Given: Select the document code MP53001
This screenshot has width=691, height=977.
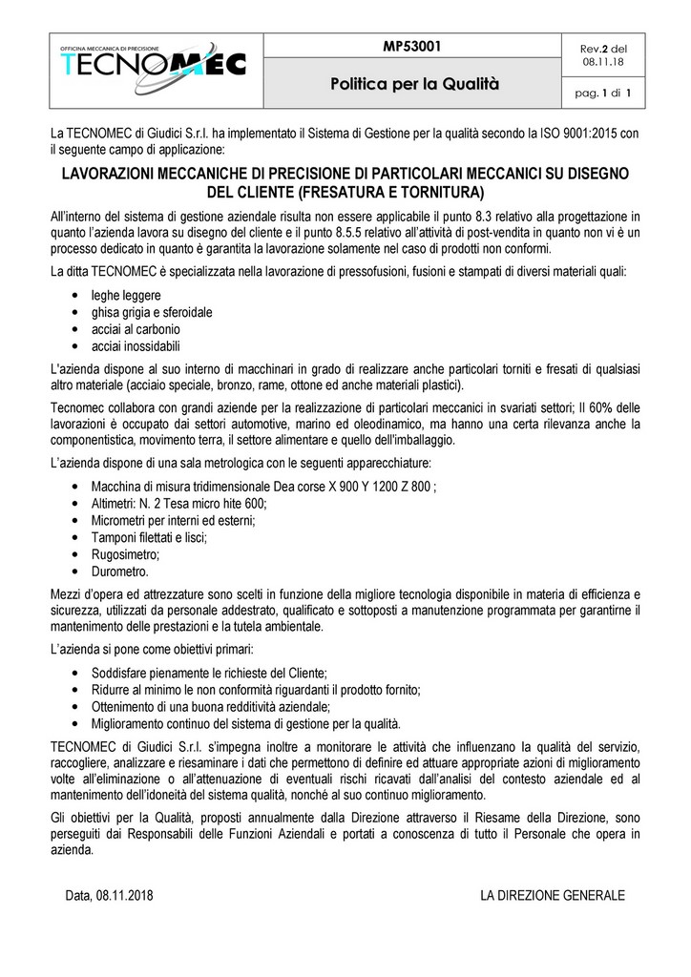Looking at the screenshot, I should click(413, 46).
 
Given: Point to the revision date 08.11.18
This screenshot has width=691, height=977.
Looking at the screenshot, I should click(606, 63).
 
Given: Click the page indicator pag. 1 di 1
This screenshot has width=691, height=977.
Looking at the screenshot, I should click(606, 93).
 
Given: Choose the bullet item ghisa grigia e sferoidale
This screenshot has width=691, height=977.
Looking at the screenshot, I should click(152, 312).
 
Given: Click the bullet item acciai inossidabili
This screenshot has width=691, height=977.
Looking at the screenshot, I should click(136, 345).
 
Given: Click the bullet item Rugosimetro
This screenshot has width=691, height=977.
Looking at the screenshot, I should click(125, 554).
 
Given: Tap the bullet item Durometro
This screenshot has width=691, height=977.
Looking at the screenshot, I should click(119, 572).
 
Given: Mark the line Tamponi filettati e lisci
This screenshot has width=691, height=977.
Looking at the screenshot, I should click(149, 537).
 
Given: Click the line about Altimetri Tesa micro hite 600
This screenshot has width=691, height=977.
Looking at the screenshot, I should click(179, 503).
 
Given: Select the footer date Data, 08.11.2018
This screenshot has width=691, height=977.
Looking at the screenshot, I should click(110, 896).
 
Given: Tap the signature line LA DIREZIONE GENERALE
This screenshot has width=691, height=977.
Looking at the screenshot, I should click(553, 896).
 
